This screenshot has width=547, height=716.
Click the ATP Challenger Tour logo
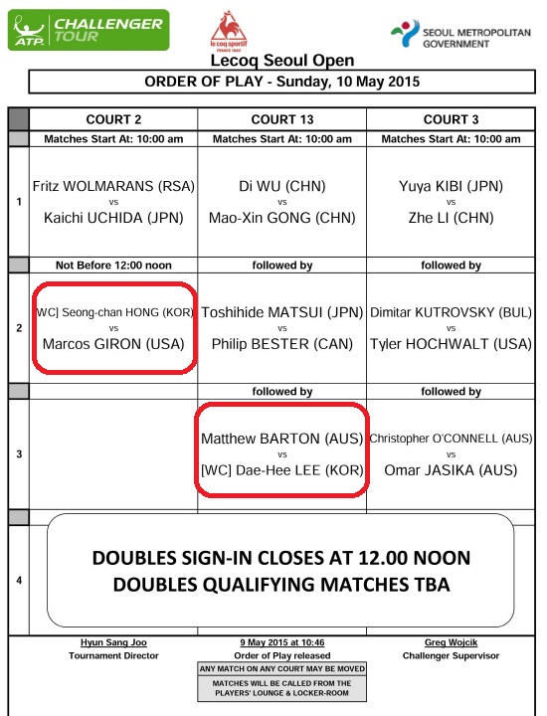[89, 30]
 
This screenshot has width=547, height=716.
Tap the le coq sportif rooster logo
[229, 31]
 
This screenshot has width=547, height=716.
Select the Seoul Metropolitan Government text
[476, 39]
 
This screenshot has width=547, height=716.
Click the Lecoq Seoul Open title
[282, 61]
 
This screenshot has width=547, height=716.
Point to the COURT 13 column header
[282, 119]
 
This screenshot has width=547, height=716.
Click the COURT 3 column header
[451, 119]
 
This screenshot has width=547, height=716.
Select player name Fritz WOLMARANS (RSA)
[113, 186]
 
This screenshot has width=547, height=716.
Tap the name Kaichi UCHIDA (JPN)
[113, 218]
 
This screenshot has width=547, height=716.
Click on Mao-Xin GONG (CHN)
[282, 218]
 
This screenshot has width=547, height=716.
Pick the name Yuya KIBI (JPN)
[451, 186]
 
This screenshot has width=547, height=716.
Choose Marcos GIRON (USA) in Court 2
[113, 344]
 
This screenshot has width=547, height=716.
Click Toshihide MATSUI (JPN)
[282, 312]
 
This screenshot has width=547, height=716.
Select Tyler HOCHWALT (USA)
[451, 344]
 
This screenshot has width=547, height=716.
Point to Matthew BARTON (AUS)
[282, 439]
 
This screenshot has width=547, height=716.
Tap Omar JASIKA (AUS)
[451, 469]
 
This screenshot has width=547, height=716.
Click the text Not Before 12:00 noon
[113, 266]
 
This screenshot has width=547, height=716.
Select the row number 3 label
[19, 454]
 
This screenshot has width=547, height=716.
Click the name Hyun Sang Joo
[113, 642]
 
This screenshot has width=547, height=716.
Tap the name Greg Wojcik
[451, 642]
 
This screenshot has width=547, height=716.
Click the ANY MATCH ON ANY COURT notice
[282, 669]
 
